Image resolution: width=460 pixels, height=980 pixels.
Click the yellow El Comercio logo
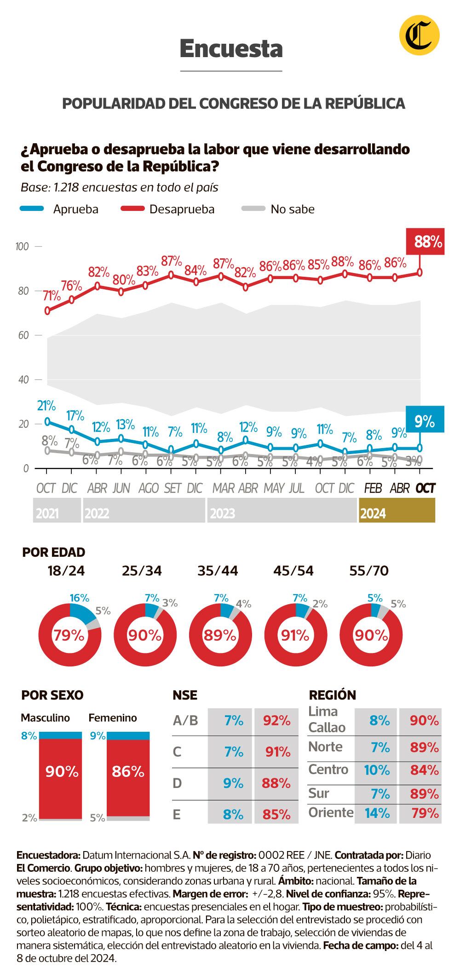click(419, 35)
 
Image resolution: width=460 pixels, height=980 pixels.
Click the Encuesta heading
click(231, 48)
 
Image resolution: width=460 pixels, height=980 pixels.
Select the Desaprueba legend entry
click(182, 209)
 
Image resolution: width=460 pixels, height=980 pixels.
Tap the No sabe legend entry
click(292, 209)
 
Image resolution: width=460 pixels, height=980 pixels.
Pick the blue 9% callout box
click(425, 420)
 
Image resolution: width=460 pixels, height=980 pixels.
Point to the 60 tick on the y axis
click(23, 335)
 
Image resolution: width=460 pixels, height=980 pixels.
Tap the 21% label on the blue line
click(46, 406)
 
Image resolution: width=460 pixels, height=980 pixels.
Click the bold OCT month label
click(425, 488)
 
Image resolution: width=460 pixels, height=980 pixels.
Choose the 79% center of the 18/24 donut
click(69, 636)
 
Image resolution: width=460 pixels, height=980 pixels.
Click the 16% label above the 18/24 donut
click(79, 598)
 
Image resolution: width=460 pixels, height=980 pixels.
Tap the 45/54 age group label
click(293, 571)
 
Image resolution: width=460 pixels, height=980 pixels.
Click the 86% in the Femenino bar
click(128, 771)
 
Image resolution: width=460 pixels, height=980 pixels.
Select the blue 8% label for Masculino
click(29, 736)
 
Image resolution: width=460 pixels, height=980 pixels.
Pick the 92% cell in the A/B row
click(276, 720)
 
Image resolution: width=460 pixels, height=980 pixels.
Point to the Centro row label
click(328, 770)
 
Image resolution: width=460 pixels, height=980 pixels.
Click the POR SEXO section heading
click(52, 695)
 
